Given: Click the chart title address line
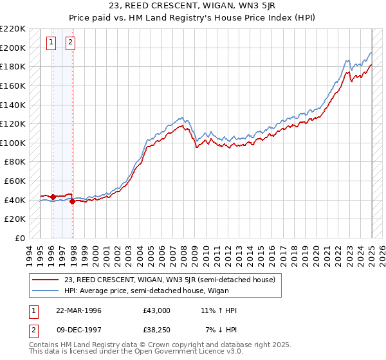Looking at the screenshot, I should click(192, 6).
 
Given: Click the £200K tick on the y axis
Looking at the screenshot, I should click(13, 48).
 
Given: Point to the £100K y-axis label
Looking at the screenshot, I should click(13, 143).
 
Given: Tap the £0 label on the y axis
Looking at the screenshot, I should click(19, 238).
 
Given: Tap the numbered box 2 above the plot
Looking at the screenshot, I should click(70, 43).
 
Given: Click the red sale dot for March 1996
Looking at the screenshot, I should click(52, 197).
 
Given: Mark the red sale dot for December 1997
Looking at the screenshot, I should click(72, 201).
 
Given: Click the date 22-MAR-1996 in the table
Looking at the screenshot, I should click(79, 310).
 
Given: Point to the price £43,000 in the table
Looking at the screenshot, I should click(156, 310).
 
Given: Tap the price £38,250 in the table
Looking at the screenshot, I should click(156, 330).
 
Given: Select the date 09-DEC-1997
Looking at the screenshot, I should click(79, 330).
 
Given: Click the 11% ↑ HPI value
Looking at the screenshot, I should click(219, 310).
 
